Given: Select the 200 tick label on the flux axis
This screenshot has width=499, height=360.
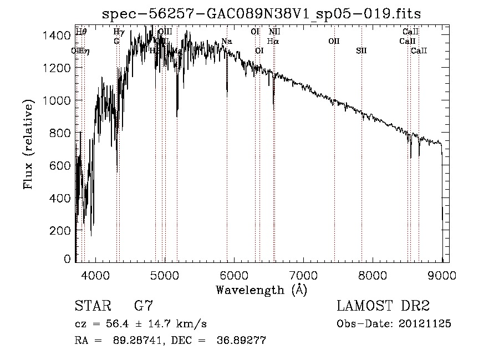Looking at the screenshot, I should coord(62,230).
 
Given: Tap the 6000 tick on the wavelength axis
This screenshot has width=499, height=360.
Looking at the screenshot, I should coord(235,275).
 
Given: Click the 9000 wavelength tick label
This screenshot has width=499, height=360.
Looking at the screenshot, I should coord(442,275).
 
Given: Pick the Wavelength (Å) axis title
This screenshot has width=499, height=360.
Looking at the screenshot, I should coord(261,290).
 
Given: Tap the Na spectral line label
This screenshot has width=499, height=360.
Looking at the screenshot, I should coord(226,42).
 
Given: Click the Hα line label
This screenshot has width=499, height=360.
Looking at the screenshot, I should coord(272,41).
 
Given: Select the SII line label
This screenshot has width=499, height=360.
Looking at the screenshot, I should coord(361,51).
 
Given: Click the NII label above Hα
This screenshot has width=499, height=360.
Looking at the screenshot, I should coord(274,32).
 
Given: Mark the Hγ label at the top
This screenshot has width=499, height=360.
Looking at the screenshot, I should coord(118,32).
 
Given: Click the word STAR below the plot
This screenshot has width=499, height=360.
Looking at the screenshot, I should coord(93,306).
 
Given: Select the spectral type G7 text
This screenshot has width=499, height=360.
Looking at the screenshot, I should coord(143,306).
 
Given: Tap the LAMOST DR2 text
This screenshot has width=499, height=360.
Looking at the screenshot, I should coord(383,306).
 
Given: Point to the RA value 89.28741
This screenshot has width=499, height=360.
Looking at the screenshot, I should coord(140,341).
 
